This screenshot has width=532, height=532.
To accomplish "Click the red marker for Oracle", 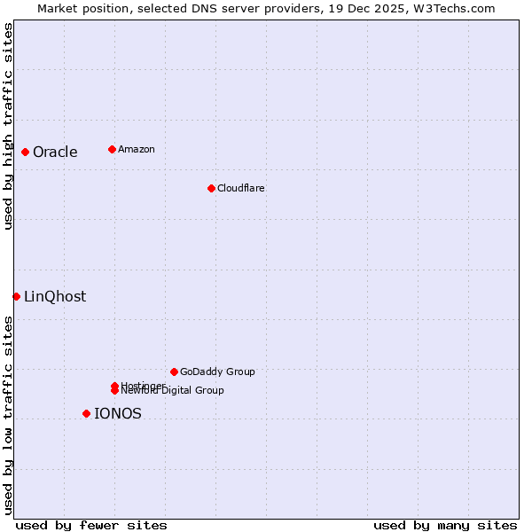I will pos(26,152).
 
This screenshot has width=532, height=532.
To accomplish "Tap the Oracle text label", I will pos(55,152).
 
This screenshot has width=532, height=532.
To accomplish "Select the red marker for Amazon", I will pos(112,149).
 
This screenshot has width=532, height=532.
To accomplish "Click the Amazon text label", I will pos(136,149).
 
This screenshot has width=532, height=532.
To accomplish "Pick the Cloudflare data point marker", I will pos(211,188).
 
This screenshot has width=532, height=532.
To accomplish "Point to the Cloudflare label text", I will pos(240,188).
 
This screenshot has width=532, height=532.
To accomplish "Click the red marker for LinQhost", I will pos(16,296).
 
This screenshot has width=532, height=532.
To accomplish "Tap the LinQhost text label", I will pos(55,296).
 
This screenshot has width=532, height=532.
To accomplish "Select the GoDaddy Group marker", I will pos(174,372).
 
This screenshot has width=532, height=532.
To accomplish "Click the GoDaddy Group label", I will pos(216,372).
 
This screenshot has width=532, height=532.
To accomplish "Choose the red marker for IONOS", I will pos(86,413).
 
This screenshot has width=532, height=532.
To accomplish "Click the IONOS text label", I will pos(117,413).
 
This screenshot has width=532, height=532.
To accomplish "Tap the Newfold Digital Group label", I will pos(172,391).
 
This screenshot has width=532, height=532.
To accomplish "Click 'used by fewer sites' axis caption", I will pos(91,525).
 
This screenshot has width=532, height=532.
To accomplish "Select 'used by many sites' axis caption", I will pos(445,525).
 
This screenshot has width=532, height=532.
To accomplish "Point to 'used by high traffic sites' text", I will pos(8,126).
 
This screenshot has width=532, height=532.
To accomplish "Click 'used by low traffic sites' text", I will pos(8,415).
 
